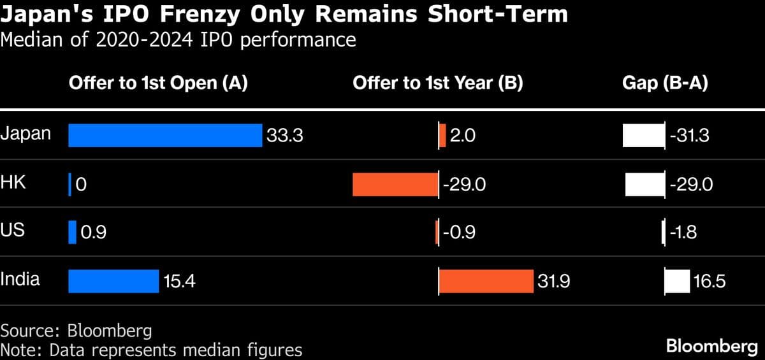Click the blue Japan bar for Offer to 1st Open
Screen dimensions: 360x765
coord(165,136)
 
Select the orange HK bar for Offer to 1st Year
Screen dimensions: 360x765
coord(395,184)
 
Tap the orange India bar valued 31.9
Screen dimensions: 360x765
coord(486,281)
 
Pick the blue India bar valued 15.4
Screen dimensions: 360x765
coord(113,281)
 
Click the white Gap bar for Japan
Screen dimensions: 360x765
coord(644,136)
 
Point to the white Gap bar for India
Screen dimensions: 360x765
coord(678,281)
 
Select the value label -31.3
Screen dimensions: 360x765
coord(690,136)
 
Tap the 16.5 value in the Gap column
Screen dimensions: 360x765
coord(709,281)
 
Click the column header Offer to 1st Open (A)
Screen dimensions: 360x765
coord(158,83)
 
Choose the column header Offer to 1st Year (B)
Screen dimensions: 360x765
coord(438,83)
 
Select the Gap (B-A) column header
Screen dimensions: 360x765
coord(666,83)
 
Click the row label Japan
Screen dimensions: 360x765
coord(25,134)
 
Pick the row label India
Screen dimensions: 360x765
coord(20,279)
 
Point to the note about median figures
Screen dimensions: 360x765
coord(151,350)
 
